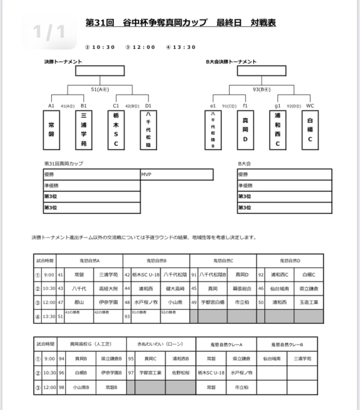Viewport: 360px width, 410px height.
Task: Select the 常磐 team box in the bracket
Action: (x=51, y=130)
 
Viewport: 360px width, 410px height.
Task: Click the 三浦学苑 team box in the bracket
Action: (x=84, y=130)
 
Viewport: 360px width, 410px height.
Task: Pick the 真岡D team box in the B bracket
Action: (x=245, y=130)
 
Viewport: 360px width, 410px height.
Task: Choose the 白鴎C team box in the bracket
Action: (x=310, y=130)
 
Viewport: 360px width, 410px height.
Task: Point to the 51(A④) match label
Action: (x=99, y=89)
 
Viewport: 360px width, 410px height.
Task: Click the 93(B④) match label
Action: (x=262, y=89)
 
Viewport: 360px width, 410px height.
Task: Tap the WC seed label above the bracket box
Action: (x=310, y=105)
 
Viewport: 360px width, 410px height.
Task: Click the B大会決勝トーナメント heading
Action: (x=231, y=61)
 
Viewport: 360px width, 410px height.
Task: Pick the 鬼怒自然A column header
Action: (x=90, y=261)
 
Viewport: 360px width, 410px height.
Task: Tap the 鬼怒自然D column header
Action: (x=290, y=261)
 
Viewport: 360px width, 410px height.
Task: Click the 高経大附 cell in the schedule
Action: (x=106, y=288)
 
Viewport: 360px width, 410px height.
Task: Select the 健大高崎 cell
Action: (x=174, y=288)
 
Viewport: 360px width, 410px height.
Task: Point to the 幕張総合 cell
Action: (x=240, y=288)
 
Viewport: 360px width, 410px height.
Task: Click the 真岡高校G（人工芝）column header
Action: (x=90, y=344)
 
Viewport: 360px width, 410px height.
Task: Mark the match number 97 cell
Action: (x=130, y=372)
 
